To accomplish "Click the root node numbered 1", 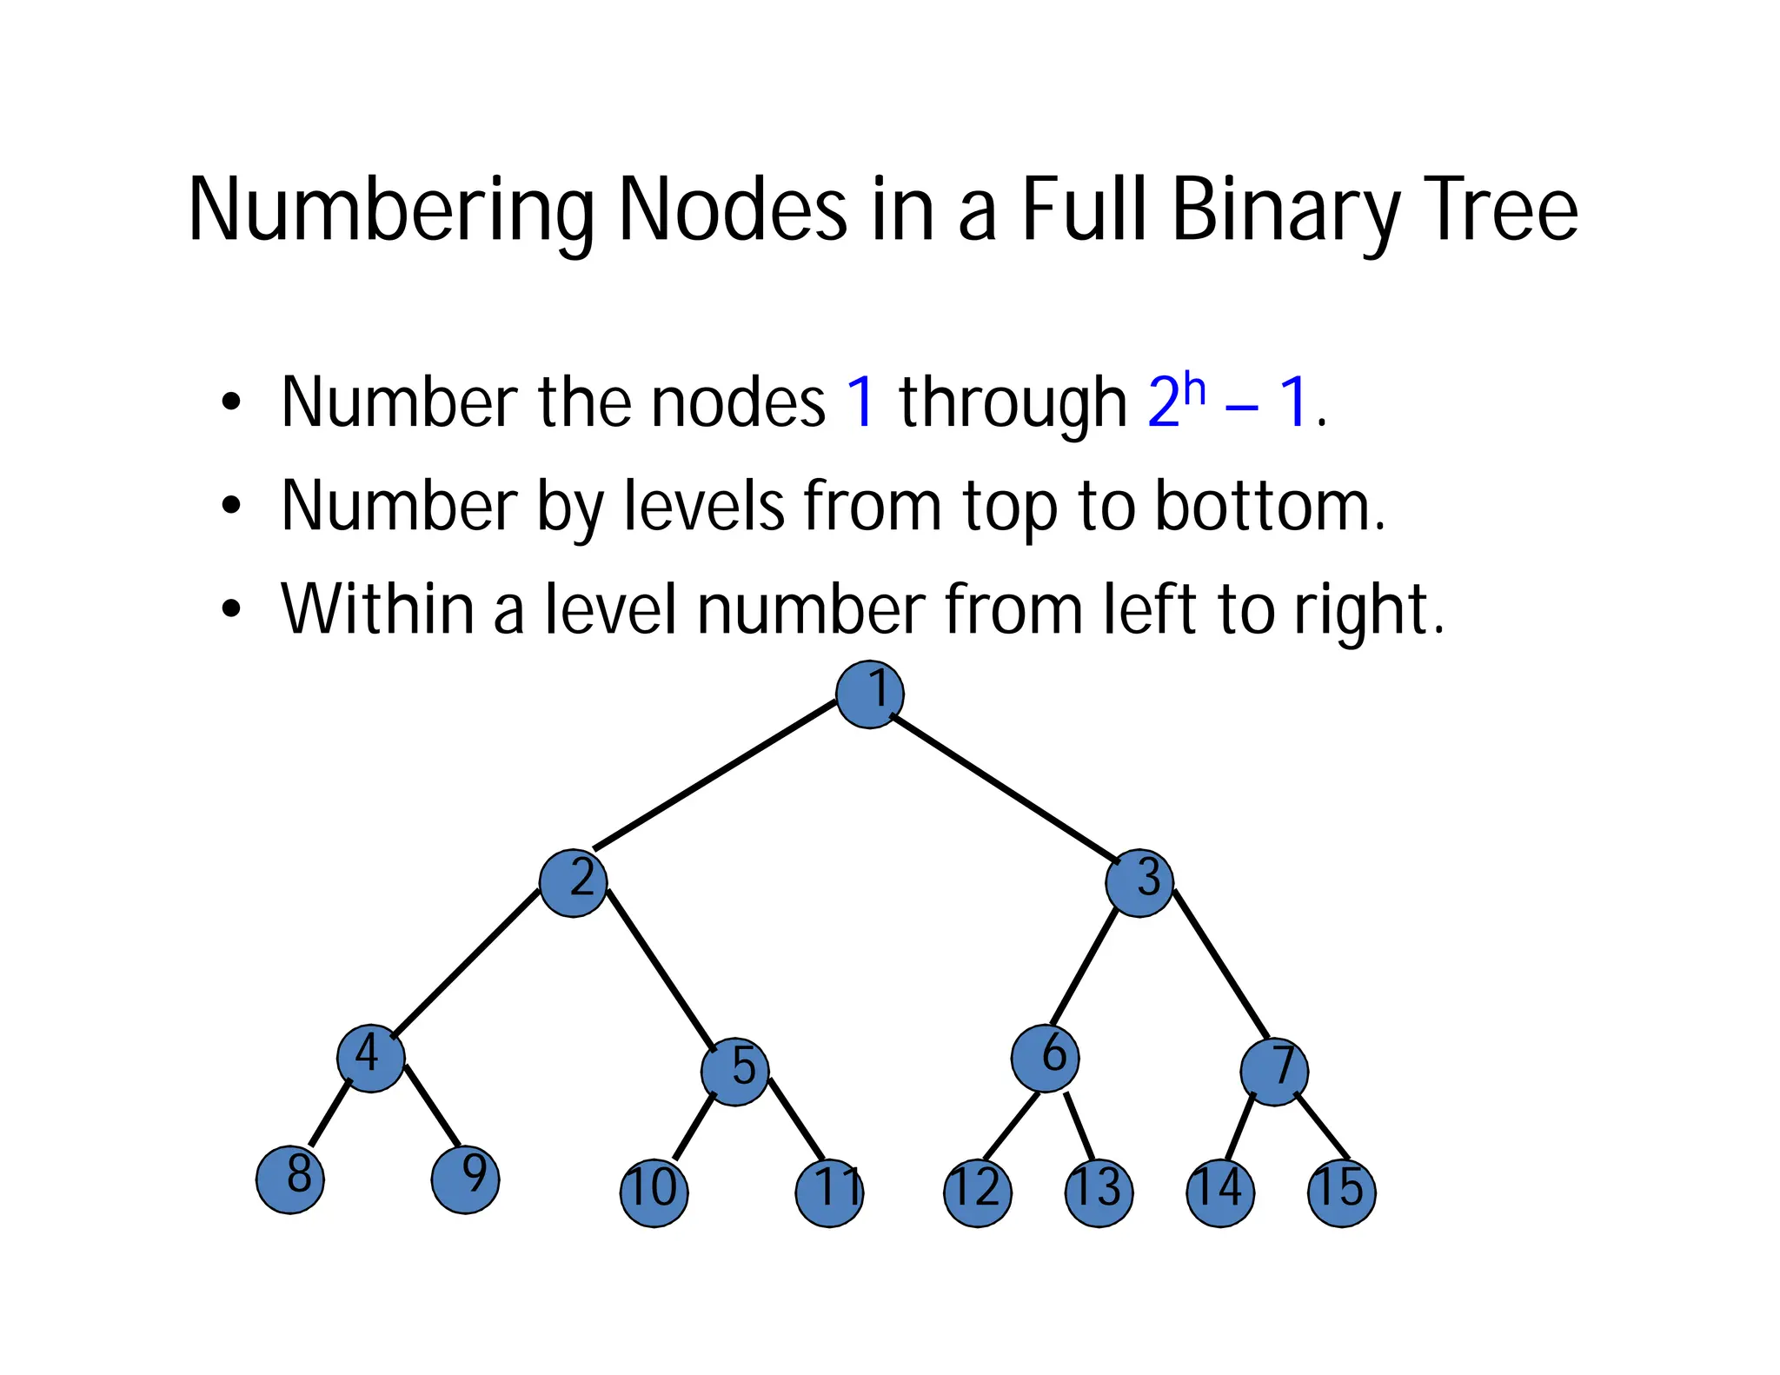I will click(869, 694).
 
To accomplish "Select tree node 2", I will click(573, 883).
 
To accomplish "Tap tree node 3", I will click(1139, 883).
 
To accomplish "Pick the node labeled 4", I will click(371, 1059).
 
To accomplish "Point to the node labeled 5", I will click(735, 1072).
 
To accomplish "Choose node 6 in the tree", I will click(1046, 1059).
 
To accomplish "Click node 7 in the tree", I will click(1274, 1072).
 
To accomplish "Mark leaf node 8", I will click(290, 1179).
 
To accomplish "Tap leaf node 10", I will click(654, 1192).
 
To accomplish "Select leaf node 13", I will click(1099, 1192).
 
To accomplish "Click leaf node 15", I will click(1342, 1192).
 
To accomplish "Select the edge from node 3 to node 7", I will click(1221, 965).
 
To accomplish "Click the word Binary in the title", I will click(1285, 209).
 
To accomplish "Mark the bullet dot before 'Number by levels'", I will click(230, 505).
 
